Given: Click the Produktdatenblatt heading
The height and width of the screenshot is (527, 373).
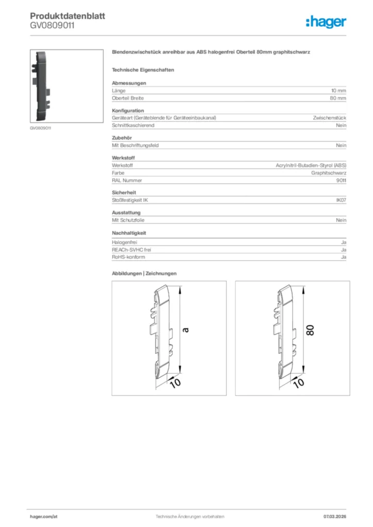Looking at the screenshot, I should tap(67, 16).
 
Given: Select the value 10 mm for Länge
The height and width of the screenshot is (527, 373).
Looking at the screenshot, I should tap(338, 91).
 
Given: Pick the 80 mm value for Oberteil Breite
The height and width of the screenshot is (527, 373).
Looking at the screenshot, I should tap(338, 98).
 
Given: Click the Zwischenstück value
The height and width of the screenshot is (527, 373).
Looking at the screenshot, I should tap(329, 118).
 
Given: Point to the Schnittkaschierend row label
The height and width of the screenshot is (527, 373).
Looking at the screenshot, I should tap(133, 125).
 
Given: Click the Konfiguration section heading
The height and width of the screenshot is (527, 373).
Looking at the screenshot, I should tap(128, 111).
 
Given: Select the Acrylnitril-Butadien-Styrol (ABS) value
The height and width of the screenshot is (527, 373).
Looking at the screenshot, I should tap(311, 166).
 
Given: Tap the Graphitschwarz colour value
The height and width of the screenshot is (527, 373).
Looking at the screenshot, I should tap(328, 173).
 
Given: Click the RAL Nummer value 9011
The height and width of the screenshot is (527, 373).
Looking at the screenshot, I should tap(341, 180).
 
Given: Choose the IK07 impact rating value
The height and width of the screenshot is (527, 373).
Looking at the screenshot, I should tap(341, 200).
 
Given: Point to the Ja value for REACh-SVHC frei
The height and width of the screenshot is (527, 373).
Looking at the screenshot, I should tap(343, 250).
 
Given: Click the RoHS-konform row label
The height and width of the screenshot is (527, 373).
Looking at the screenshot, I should tap(128, 257).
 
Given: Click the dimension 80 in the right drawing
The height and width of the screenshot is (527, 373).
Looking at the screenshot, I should tap(310, 330).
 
